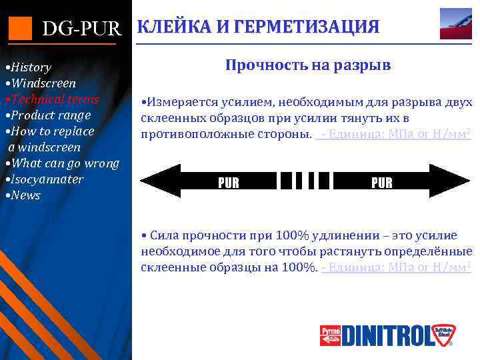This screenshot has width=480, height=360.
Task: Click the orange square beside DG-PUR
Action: point(20,28)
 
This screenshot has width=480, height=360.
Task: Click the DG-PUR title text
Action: point(81,29)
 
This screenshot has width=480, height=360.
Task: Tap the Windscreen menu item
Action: point(41,83)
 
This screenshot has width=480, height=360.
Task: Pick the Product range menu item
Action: point(49,115)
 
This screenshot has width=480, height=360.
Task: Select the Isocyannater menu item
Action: point(45,179)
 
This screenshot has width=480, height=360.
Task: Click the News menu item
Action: point(24,195)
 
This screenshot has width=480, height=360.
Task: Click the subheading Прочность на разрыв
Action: point(307,65)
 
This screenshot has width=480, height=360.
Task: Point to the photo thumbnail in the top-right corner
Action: point(456,24)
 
